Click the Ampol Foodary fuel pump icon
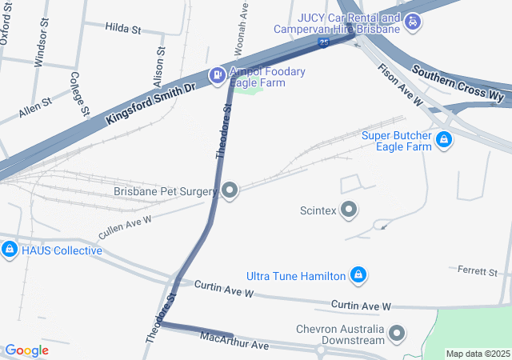[216, 76]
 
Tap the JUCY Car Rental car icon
[412, 22]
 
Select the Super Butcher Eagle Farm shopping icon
[444, 142]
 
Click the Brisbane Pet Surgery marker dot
[230, 190]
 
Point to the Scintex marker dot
[349, 210]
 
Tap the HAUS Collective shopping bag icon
[9, 250]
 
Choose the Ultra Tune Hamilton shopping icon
[359, 276]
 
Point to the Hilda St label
[122, 28]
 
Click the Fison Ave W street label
[401, 84]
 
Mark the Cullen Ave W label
[125, 226]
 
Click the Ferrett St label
[478, 272]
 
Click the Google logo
[26, 350]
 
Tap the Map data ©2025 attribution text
[478, 354]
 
